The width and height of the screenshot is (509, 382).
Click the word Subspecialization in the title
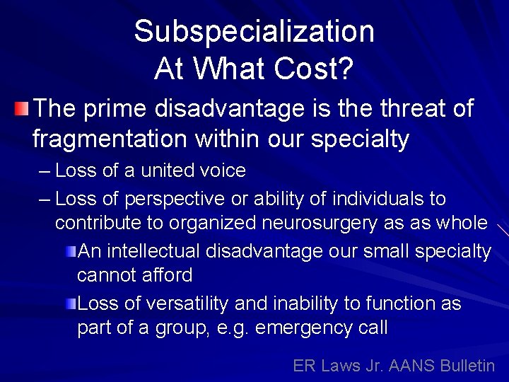(x=254, y=32)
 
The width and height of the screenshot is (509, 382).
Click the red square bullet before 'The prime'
(x=22, y=109)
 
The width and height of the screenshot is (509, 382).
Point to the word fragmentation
(x=104, y=139)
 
